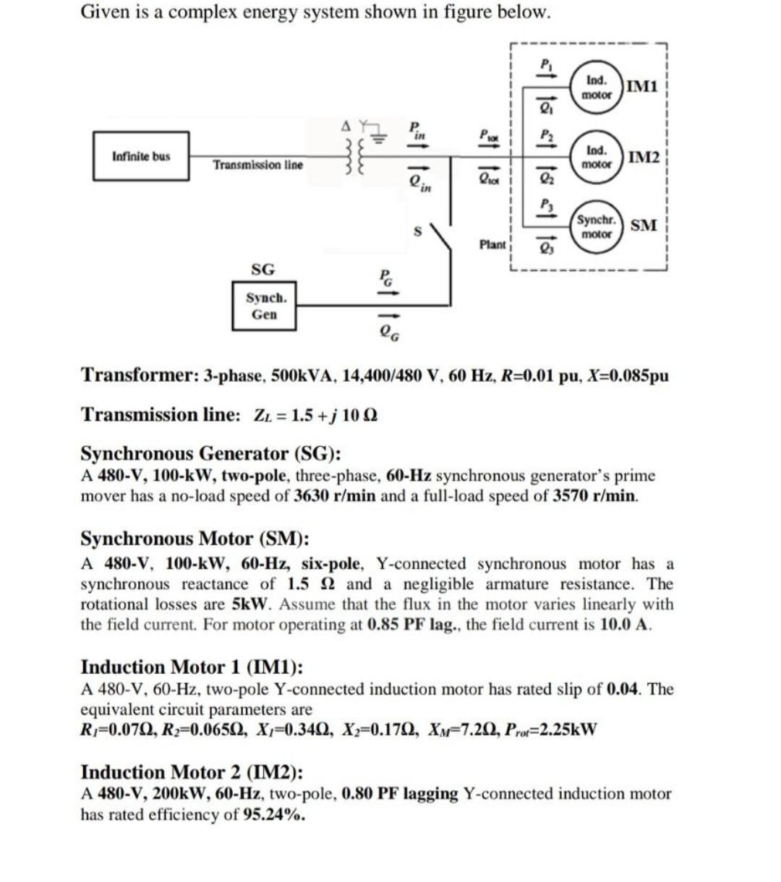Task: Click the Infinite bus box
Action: point(141,155)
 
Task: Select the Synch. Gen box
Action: point(264,306)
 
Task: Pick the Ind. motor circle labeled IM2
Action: point(597,157)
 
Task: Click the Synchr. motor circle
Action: point(597,226)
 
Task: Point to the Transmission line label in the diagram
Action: point(258,166)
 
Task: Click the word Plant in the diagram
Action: point(492,244)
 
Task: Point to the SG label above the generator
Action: point(263,270)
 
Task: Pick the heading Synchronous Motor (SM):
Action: point(195,539)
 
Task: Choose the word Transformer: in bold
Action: point(137,376)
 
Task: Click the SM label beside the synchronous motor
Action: point(643,226)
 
